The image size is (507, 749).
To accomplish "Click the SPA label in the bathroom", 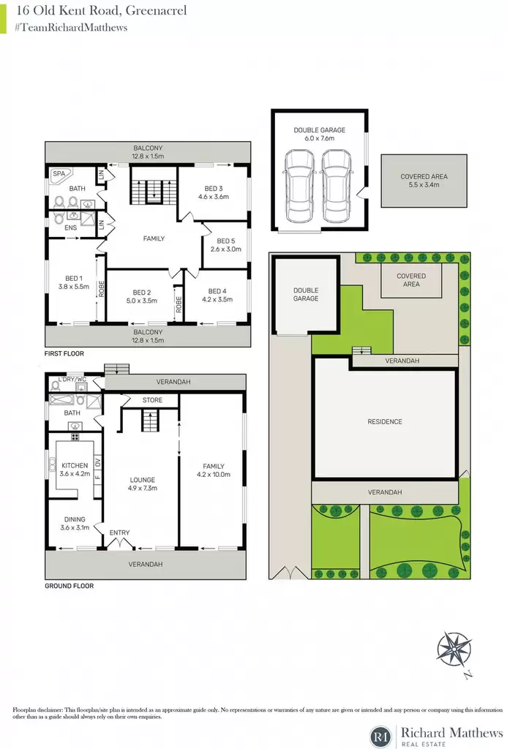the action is (x=59, y=174).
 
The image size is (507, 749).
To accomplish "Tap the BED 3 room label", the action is (x=214, y=188).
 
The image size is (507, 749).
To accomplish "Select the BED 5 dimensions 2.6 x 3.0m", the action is (x=225, y=249).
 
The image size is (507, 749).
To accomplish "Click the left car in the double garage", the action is (x=300, y=186).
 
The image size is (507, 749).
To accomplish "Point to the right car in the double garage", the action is (x=337, y=186).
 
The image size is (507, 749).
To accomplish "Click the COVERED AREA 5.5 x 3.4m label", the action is (x=424, y=181).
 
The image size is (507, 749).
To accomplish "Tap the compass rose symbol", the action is (x=454, y=649).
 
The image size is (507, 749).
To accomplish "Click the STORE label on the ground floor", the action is (x=152, y=400).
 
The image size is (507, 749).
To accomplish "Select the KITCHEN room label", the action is (x=75, y=465).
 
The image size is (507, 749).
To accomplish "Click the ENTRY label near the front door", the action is (x=119, y=532).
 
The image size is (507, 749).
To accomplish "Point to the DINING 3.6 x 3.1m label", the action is (x=75, y=524).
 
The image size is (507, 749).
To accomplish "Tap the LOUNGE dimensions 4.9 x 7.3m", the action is (x=143, y=488).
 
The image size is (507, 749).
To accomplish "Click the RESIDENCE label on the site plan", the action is (x=385, y=421).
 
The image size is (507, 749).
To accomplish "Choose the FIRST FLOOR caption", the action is (x=64, y=353).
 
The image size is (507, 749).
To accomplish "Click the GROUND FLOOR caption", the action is (x=70, y=586).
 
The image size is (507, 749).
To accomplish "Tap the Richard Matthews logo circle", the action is (x=381, y=736).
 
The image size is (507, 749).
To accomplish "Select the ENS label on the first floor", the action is (x=71, y=228).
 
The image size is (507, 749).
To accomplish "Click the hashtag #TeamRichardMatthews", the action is (x=71, y=28).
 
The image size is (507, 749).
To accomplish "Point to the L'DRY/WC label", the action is (x=72, y=380).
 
